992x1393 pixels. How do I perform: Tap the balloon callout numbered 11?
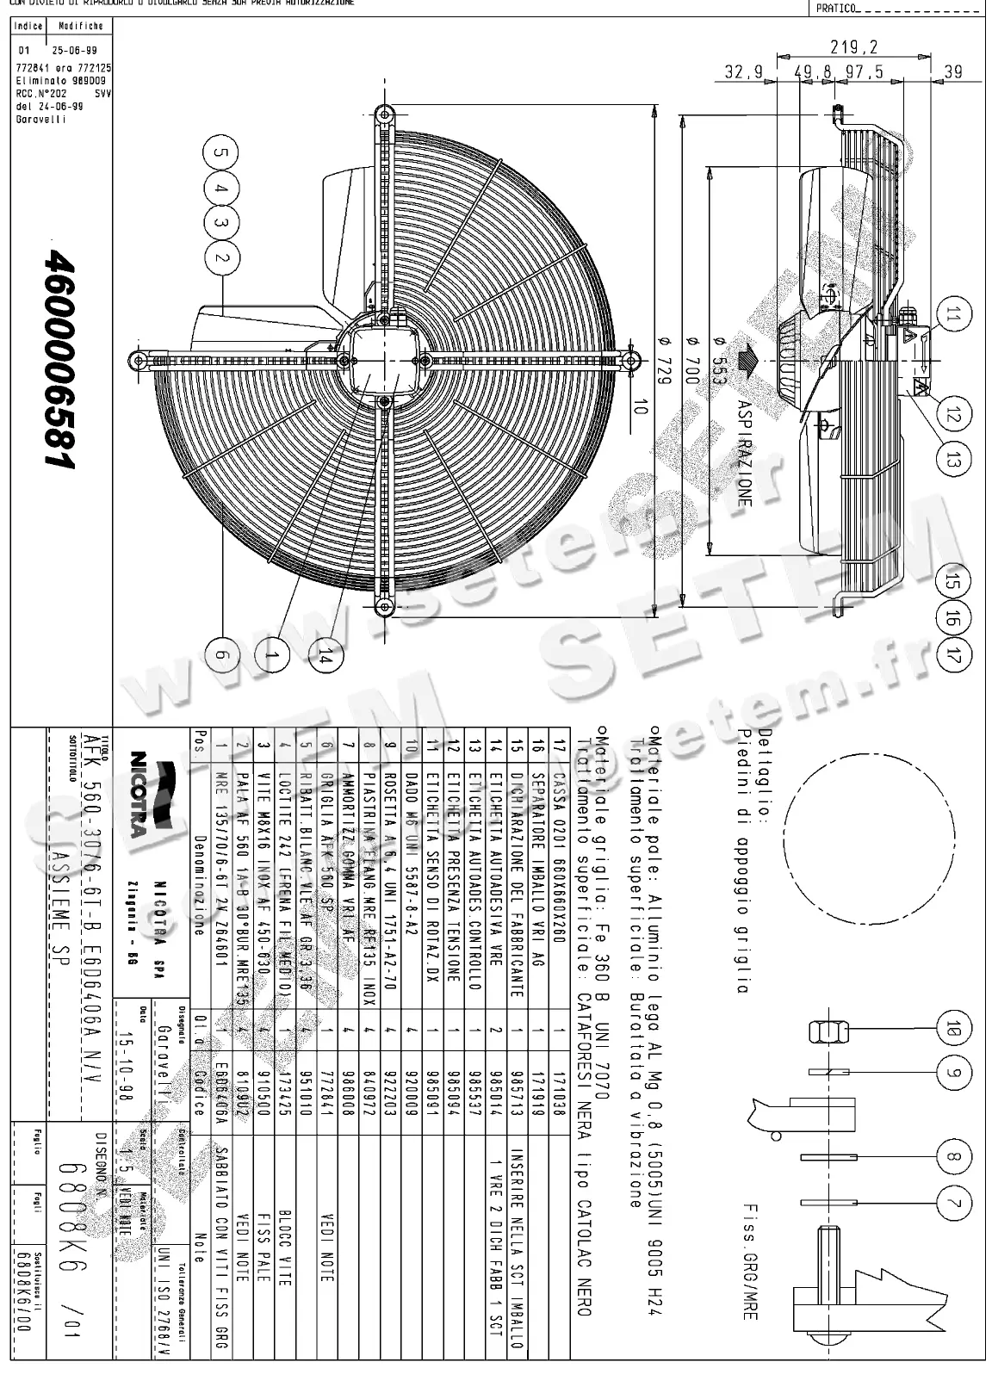(952, 316)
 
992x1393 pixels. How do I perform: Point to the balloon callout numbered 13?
(952, 460)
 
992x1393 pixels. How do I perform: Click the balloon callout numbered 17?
(952, 654)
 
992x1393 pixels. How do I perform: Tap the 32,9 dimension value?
(744, 73)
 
